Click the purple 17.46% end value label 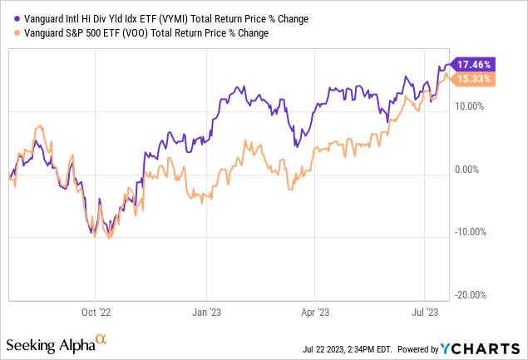click(476, 64)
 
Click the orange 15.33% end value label click(476, 79)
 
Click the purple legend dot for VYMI click(8, 17)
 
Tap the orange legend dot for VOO click(8, 32)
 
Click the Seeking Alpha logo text click(50, 343)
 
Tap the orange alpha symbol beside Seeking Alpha click(101, 339)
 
